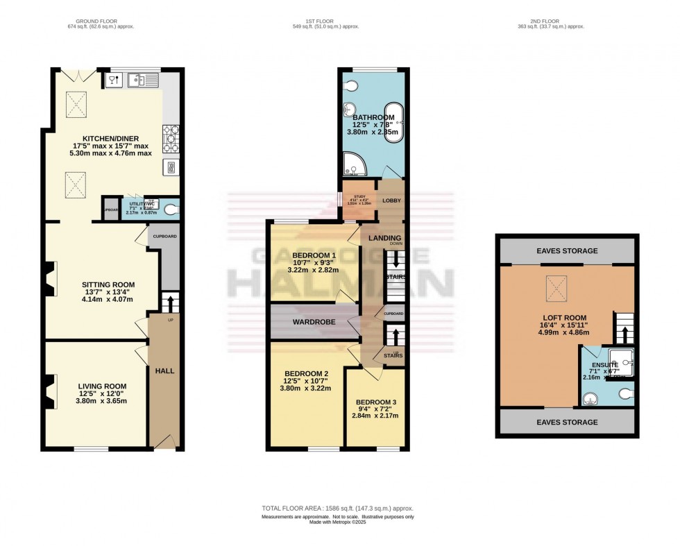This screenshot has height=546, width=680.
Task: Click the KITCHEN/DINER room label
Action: [x=112, y=138]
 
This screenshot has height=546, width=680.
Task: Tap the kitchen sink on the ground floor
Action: [x=140, y=81]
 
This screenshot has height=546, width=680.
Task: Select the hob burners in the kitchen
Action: [x=171, y=137]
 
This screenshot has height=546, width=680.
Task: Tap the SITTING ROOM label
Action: [x=108, y=284]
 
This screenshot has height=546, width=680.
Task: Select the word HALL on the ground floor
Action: [x=164, y=370]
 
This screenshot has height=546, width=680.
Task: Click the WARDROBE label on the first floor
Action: [x=314, y=322]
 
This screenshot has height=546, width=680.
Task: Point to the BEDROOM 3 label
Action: [x=376, y=402]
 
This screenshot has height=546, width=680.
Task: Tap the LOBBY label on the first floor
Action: [x=391, y=201]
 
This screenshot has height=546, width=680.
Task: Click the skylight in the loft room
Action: [x=556, y=283]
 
